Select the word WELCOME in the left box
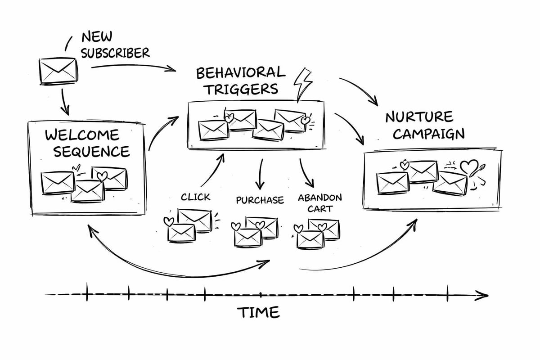pos(82,135)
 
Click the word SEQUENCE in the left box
pos(91,151)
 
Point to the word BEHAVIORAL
pos(241,73)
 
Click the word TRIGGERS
pos(242,89)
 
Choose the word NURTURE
pos(419,117)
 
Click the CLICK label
pos(195,197)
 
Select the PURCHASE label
pos(260,200)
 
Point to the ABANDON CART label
pos(319,203)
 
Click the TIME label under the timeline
pos(258,312)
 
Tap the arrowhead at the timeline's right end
pos(483,296)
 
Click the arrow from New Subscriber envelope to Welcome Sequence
pos(65,103)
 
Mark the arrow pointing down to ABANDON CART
pos(306,173)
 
